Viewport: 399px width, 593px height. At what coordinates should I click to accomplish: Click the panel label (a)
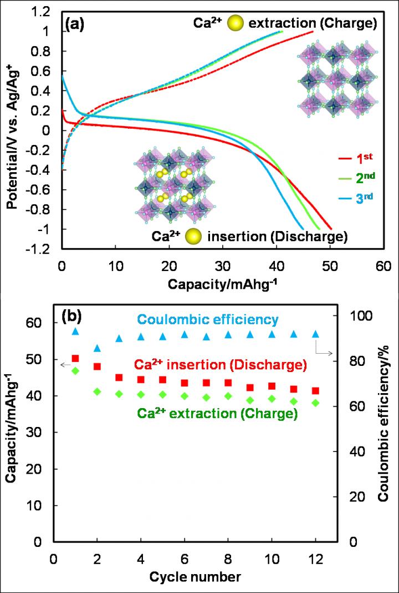pyautogui.click(x=75, y=24)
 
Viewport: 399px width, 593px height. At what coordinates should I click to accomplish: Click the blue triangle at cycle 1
pyautogui.click(x=75, y=331)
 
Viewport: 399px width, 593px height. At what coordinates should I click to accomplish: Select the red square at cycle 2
pyautogui.click(x=98, y=366)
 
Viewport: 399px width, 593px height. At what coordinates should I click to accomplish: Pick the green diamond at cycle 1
pyautogui.click(x=75, y=371)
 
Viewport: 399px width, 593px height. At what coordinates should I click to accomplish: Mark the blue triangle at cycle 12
pyautogui.click(x=316, y=334)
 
